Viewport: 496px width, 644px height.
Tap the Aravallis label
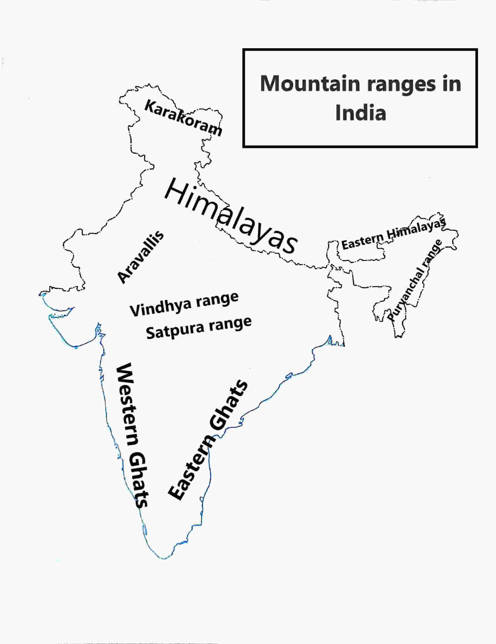point(140,257)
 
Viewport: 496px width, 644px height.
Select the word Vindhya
point(161,307)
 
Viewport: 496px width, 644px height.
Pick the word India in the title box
point(360,113)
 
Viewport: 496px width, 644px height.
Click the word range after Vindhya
point(217,299)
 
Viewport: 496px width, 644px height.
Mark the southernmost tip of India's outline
point(164,558)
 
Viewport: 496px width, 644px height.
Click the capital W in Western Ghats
point(124,373)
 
